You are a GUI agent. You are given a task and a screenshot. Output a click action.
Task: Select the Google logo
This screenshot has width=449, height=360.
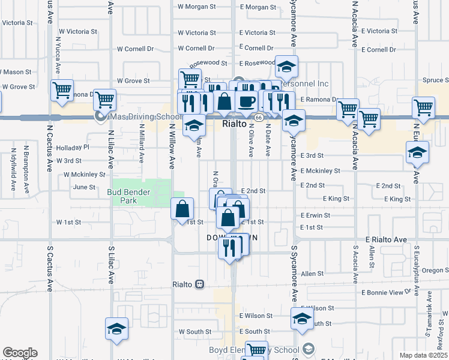(x=20, y=353)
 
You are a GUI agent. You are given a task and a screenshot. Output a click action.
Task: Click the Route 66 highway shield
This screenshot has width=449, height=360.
(x=256, y=118)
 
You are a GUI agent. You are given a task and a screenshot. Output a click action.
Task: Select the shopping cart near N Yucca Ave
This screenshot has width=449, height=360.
(x=62, y=91)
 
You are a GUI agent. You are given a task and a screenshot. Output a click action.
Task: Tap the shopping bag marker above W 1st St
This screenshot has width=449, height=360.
(x=182, y=209)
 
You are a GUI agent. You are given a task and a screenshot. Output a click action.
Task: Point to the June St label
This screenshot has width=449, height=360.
(x=84, y=187)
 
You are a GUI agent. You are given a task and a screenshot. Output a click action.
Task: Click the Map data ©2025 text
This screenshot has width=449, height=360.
(x=423, y=355)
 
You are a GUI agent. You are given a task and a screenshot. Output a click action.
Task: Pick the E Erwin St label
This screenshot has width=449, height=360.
(x=315, y=215)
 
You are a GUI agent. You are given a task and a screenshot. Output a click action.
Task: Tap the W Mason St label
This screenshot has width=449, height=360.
(x=17, y=72)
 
